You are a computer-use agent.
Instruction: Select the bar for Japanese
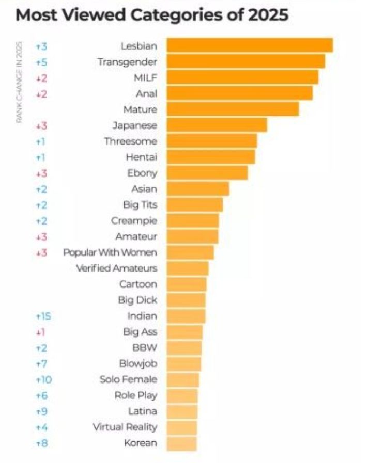[x=217, y=125]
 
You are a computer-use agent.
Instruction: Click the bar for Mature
[x=233, y=109]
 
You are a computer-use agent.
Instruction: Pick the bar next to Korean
[x=181, y=443]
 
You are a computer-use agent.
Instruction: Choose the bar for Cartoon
[x=187, y=284]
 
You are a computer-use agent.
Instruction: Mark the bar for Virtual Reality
[x=181, y=427]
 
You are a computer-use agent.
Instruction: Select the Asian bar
[x=197, y=189]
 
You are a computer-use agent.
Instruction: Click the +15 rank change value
[x=42, y=316]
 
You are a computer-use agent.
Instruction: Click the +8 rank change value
[x=41, y=443]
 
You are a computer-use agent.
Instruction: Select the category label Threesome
[x=130, y=141]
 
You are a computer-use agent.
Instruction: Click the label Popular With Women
[x=110, y=252]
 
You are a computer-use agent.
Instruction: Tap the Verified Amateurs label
[x=116, y=268]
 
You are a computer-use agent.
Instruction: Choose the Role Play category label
[x=135, y=395]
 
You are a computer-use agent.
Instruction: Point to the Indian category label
[x=142, y=316]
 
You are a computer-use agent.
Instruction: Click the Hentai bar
[x=210, y=157]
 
